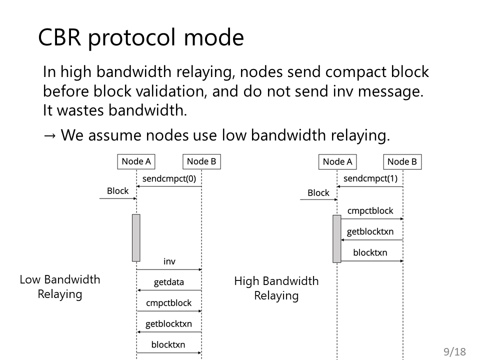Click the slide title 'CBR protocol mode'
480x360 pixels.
(x=141, y=37)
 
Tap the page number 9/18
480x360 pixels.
(x=454, y=351)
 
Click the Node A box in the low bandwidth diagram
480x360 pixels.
(x=136, y=161)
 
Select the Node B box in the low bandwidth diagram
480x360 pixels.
(x=201, y=161)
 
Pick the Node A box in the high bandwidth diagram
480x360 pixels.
(x=337, y=162)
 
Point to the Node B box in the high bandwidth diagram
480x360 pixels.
(x=402, y=162)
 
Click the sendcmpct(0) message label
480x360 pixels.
(x=169, y=179)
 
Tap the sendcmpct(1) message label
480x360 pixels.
(x=370, y=179)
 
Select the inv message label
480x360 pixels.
(x=169, y=261)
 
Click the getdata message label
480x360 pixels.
(x=169, y=282)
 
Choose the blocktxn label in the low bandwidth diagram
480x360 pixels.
(x=168, y=344)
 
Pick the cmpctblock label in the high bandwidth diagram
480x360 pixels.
(x=370, y=211)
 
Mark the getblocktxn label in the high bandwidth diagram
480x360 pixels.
(x=370, y=231)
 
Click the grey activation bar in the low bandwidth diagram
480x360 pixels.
(x=136, y=238)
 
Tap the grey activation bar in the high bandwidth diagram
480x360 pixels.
(x=337, y=239)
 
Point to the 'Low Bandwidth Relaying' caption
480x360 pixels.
(x=60, y=287)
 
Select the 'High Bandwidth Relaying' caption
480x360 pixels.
(x=276, y=288)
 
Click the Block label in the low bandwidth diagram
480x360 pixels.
(x=118, y=191)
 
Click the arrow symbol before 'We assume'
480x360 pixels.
(x=49, y=135)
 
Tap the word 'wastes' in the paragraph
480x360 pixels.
(x=81, y=110)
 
